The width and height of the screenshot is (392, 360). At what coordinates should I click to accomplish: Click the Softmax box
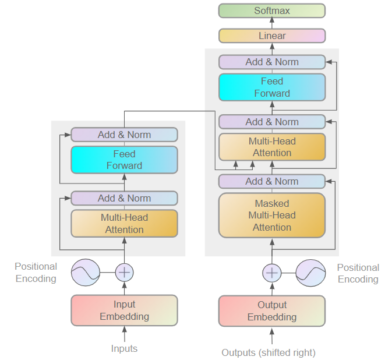(271, 10)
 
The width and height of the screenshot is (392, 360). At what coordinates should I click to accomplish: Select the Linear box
(271, 36)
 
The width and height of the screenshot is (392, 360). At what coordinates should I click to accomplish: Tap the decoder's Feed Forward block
(271, 87)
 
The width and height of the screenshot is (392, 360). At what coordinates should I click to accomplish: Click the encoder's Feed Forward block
(124, 160)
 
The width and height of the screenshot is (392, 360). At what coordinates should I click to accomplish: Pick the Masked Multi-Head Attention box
(271, 216)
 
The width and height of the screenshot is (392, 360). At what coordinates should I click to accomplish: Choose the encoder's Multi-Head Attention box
(124, 224)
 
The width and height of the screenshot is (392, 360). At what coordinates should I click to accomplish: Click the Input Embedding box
(124, 310)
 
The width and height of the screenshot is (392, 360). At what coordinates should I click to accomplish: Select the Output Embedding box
(271, 310)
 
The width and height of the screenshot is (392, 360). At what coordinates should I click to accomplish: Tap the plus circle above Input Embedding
(124, 272)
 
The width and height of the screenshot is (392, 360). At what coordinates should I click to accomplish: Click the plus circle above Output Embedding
(271, 272)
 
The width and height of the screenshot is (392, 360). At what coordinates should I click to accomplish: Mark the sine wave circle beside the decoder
(310, 272)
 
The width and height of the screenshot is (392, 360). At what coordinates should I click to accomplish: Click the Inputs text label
(124, 348)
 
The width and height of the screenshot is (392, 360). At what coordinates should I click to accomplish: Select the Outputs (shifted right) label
(269, 352)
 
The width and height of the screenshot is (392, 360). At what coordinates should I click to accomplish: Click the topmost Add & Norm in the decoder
(271, 62)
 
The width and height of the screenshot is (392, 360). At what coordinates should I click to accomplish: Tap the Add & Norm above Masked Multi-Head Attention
(271, 181)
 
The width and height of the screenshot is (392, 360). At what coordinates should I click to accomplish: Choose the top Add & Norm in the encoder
(124, 135)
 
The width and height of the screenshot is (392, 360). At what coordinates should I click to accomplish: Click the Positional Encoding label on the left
(36, 273)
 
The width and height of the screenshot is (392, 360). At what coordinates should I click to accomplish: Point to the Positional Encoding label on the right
(358, 273)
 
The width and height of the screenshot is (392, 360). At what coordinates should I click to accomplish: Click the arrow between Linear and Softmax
(271, 23)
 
